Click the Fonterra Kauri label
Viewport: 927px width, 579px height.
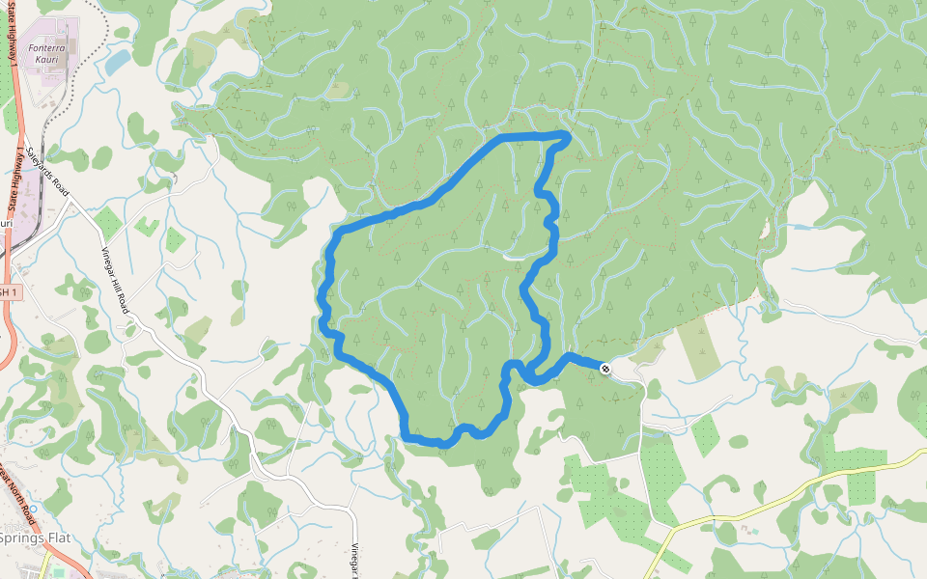(x=43, y=53)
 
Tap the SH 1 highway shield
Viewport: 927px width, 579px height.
(x=8, y=291)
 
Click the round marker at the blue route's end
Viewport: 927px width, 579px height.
(x=605, y=369)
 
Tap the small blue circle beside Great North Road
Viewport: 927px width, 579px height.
(x=33, y=508)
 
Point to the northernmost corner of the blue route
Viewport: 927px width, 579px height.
(x=565, y=134)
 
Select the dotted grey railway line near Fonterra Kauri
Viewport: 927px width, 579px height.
(x=48, y=106)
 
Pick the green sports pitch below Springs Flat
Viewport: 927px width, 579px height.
(x=58, y=573)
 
